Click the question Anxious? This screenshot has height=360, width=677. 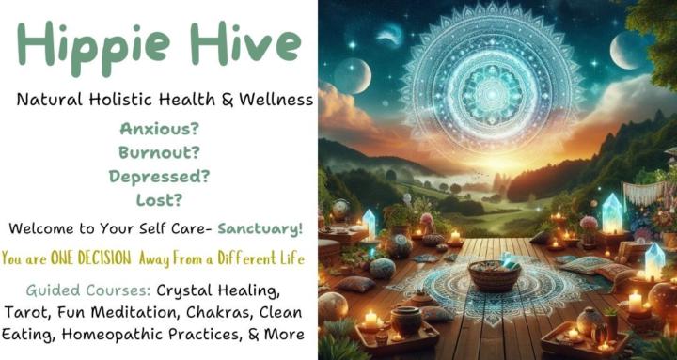coord(158,128)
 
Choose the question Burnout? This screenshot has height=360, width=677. coord(158,151)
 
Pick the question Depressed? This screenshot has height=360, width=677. coord(158,176)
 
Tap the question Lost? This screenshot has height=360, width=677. coord(158,200)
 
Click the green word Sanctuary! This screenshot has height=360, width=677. coord(260,228)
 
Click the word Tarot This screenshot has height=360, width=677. coord(38,311)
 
